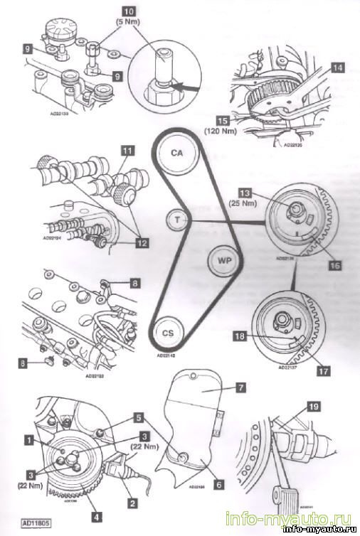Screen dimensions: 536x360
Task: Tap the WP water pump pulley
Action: (222, 260)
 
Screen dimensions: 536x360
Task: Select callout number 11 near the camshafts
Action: (127, 152)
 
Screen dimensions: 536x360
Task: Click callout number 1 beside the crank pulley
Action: (28, 441)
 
